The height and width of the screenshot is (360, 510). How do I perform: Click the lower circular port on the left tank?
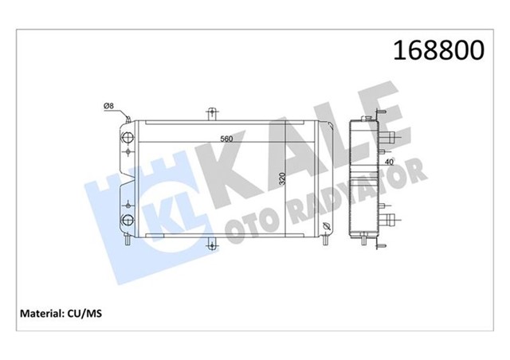(126, 220)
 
